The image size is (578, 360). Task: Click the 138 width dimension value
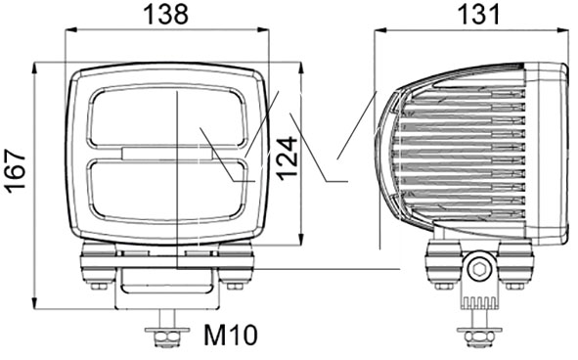(165, 15)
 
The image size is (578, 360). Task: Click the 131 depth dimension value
(478, 15)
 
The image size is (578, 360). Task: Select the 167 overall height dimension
(16, 171)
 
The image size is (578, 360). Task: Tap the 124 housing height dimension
(288, 158)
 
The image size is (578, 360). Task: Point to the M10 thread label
(230, 335)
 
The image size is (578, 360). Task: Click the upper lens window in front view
(166, 117)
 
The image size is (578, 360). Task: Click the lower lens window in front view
(166, 190)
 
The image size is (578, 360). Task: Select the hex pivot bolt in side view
(479, 269)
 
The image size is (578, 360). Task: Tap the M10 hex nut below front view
(167, 337)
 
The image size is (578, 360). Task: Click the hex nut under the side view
(479, 337)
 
